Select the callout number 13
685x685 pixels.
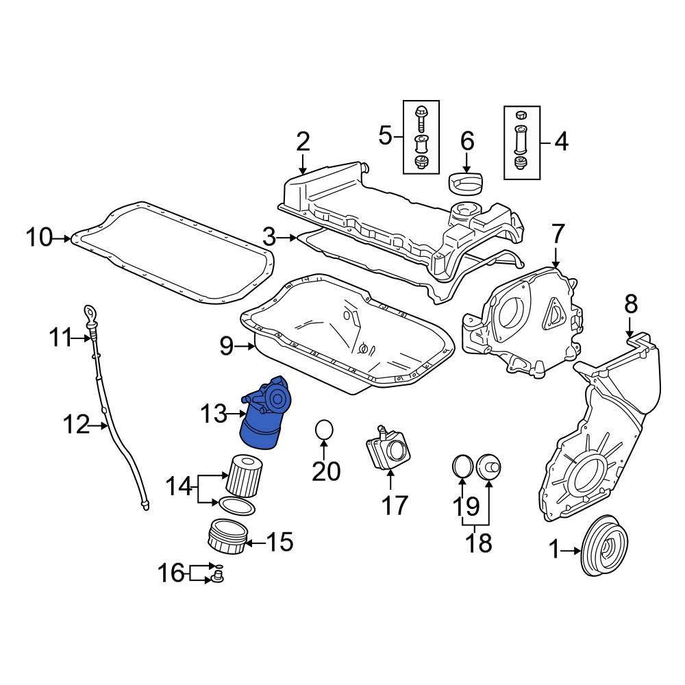213,414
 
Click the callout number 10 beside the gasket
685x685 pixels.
39,238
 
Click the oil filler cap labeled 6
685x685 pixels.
466,183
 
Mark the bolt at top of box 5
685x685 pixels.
421,116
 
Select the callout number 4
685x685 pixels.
560,142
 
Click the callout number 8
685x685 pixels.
630,303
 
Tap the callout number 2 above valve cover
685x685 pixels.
303,142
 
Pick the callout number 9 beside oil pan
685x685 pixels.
227,347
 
